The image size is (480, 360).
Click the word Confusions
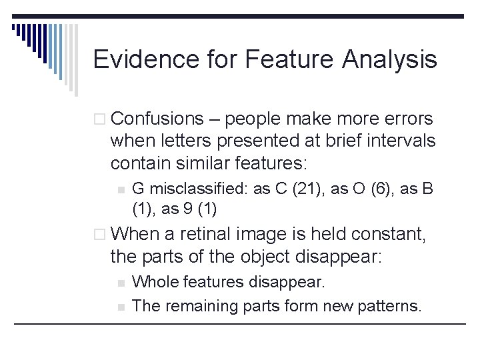[157, 119]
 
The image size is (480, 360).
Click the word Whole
[153, 283]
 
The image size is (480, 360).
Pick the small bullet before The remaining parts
[121, 307]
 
